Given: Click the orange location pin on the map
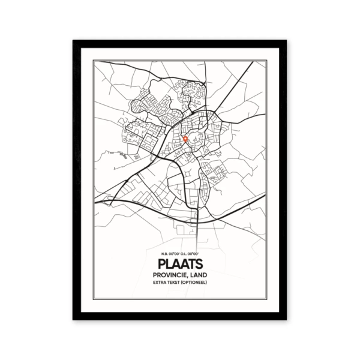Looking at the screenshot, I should pyautogui.click(x=185, y=139).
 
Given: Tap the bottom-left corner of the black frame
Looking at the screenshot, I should pyautogui.click(x=74, y=319).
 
